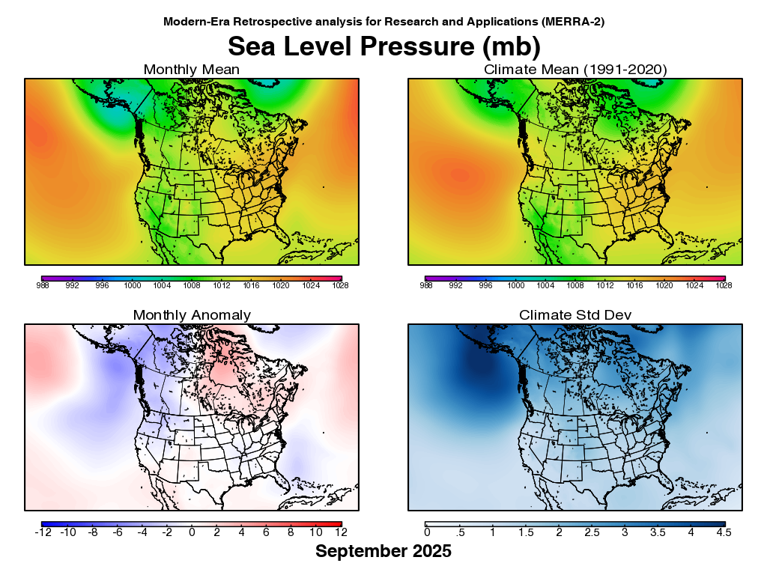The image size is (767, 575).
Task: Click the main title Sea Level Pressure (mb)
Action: pyautogui.click(x=383, y=46)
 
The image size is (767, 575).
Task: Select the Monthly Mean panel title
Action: pyautogui.click(x=192, y=70)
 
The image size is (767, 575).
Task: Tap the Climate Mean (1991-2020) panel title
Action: pyautogui.click(x=575, y=70)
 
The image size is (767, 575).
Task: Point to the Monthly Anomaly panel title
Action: pyautogui.click(x=192, y=315)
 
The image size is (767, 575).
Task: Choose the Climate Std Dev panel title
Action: pyautogui.click(x=575, y=315)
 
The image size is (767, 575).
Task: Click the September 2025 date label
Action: pyautogui.click(x=383, y=552)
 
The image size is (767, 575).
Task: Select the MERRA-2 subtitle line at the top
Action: pyautogui.click(x=383, y=22)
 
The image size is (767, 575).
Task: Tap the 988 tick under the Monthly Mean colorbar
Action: pyautogui.click(x=42, y=285)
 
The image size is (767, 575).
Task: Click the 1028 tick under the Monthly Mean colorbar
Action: pyautogui.click(x=342, y=285)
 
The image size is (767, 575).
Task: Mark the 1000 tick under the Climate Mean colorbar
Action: pyautogui.click(x=515, y=285)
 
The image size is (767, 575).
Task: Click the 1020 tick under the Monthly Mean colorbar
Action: pyautogui.click(x=282, y=285)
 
